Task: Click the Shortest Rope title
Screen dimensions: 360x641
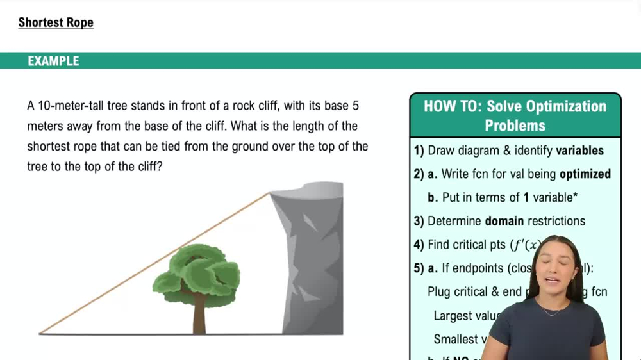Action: click(56, 22)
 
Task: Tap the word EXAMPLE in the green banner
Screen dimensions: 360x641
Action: click(53, 61)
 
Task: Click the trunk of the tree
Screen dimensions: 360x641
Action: click(199, 315)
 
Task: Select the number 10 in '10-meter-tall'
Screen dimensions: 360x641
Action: click(44, 105)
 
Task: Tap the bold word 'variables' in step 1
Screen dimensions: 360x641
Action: click(579, 151)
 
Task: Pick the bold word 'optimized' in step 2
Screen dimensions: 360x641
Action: click(585, 174)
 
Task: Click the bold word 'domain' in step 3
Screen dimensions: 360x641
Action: click(504, 221)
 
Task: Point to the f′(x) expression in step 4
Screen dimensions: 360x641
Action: click(525, 245)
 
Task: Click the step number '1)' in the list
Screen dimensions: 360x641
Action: click(419, 151)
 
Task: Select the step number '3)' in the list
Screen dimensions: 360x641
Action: click(419, 221)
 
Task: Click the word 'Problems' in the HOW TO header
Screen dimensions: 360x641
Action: click(515, 126)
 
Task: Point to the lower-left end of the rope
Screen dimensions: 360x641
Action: click(41, 332)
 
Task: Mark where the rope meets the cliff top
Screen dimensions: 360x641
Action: click(269, 193)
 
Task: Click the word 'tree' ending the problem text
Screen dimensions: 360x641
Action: click(38, 166)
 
